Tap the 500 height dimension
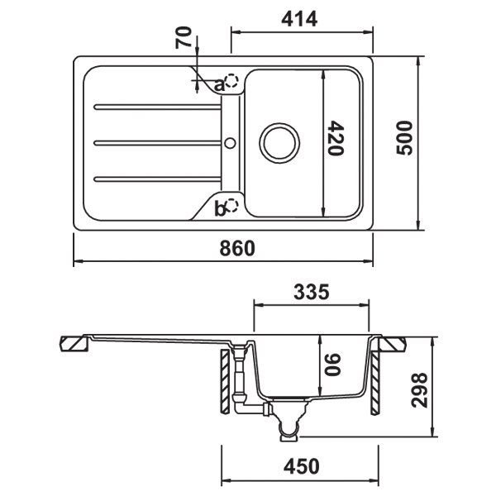point(404,141)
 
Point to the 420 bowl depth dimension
point(334,140)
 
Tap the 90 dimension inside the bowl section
point(333,364)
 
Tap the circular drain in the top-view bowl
point(278,141)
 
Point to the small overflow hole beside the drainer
point(229,142)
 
